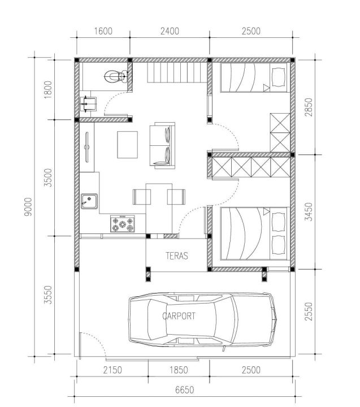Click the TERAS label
[x=177, y=256]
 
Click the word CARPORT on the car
[x=179, y=316]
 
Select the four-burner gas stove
[x=123, y=224]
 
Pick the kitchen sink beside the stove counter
[x=89, y=201]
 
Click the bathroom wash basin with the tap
[x=88, y=104]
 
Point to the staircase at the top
[x=177, y=73]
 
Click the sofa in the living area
[x=162, y=145]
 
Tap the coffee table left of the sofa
[x=127, y=145]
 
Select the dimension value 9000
[x=28, y=207]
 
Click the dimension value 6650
[x=184, y=390]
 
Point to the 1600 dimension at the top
[x=103, y=31]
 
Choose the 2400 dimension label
[x=170, y=31]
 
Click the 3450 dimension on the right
[x=309, y=211]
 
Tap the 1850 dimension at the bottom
[x=179, y=370]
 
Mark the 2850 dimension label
[x=309, y=107]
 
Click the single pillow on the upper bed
[x=279, y=76]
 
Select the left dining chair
[x=142, y=197]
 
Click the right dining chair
[x=176, y=197]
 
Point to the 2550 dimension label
[x=309, y=311]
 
